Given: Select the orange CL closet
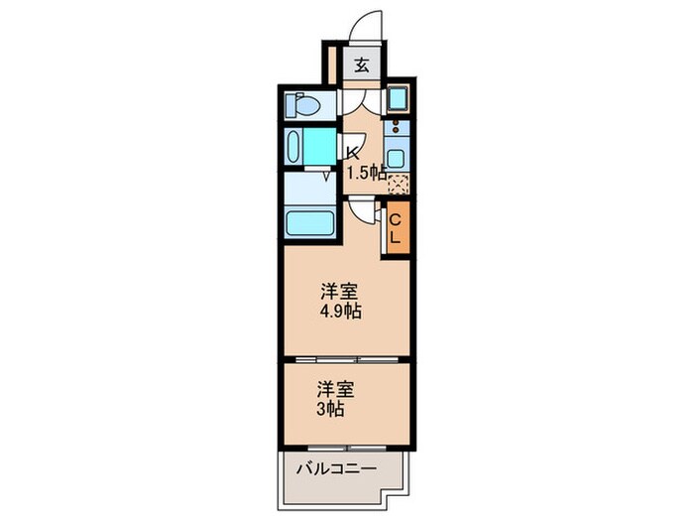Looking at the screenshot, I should click(x=395, y=229).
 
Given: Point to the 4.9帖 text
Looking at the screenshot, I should click(x=340, y=311).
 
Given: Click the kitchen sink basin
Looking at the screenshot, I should click(x=395, y=158).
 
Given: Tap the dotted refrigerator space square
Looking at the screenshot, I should click(x=398, y=182).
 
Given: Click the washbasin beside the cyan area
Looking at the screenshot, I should click(x=293, y=147).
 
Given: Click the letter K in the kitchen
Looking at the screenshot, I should click(x=352, y=153).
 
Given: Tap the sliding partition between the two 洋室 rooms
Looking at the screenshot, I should click(x=345, y=356).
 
